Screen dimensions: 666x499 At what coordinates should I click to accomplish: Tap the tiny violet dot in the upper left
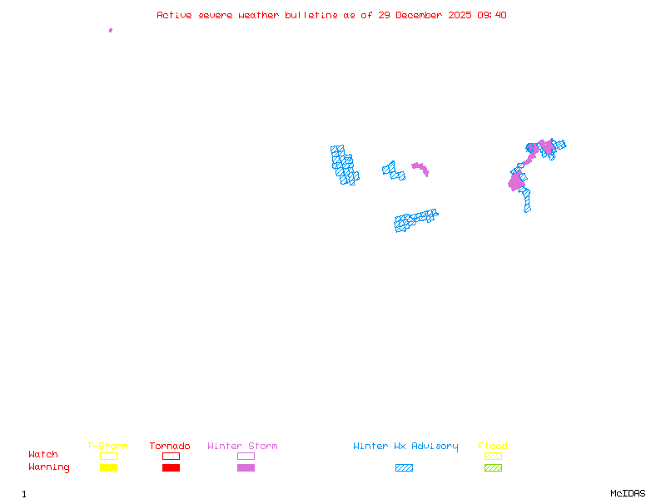coord(111,30)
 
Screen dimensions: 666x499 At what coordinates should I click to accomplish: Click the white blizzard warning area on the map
coord(420,158)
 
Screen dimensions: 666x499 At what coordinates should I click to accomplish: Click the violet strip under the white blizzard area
coord(420,169)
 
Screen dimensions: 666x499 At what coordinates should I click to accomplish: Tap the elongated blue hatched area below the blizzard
coord(416,220)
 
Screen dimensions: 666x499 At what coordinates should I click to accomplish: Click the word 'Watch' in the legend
coord(43,455)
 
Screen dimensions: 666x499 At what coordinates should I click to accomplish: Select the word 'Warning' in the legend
coord(49,467)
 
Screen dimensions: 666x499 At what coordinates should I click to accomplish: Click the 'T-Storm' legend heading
coord(107,447)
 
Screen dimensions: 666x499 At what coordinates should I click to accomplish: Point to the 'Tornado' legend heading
coord(170,447)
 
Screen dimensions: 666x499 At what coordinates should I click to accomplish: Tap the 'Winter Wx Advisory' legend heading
coord(405,447)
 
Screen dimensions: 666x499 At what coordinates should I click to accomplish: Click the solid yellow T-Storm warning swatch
coord(108,467)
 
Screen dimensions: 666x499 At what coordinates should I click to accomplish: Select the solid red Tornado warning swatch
coord(171,467)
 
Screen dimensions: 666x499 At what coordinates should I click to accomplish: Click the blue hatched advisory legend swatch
coord(404,467)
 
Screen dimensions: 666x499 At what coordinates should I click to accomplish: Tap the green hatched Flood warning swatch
coord(493,467)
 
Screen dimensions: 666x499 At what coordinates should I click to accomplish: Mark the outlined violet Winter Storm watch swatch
coord(246,456)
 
